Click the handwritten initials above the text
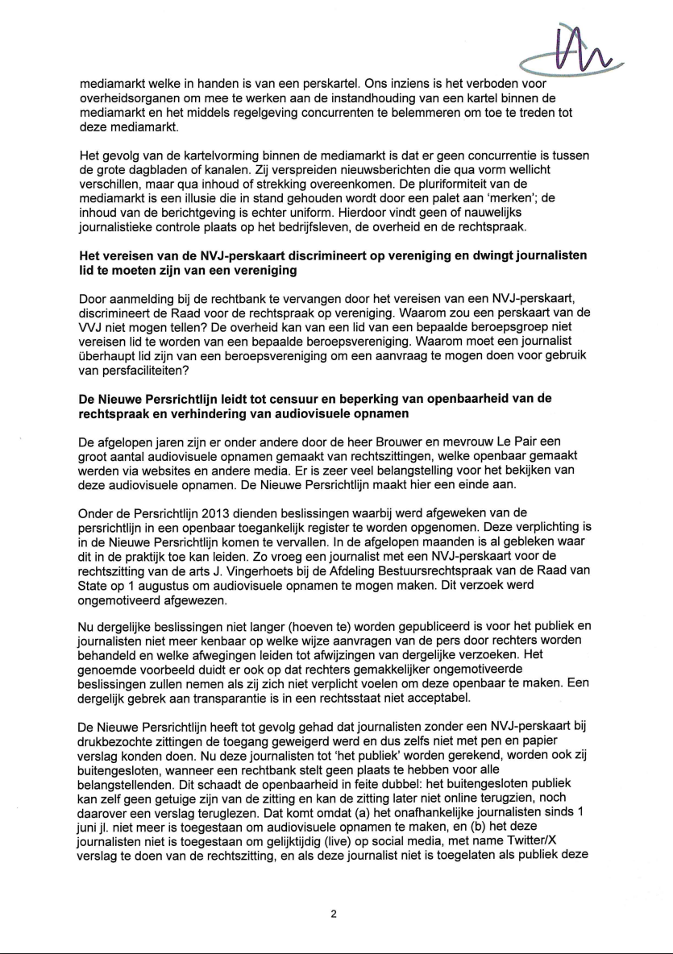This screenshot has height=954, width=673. pyautogui.click(x=575, y=48)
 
